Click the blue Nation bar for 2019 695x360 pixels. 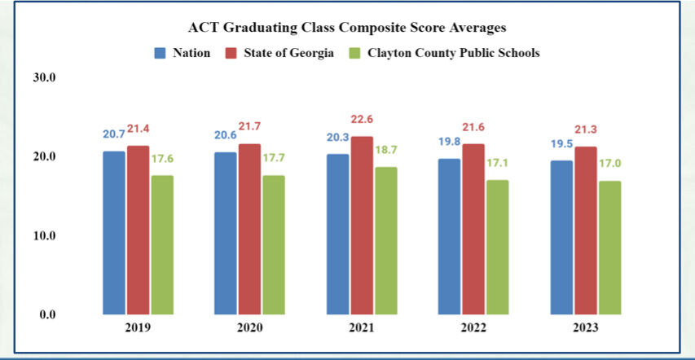pos(114,232)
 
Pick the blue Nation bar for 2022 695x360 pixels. pos(449,236)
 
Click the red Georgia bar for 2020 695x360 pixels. pos(250,229)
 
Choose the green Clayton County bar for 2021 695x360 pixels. pos(386,240)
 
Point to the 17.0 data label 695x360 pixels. pos(610,164)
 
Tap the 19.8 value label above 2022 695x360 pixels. pos(449,142)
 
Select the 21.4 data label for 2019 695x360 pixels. pos(139,130)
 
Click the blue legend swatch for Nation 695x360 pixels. pos(161,53)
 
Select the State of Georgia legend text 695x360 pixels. pos(289,53)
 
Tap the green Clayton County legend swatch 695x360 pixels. pos(353,53)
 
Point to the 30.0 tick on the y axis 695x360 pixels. pos(43,78)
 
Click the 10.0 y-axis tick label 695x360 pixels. pos(43,236)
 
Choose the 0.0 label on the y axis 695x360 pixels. pos(46,314)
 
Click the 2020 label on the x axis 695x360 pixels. pos(249,328)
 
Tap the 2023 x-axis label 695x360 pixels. pos(585,328)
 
